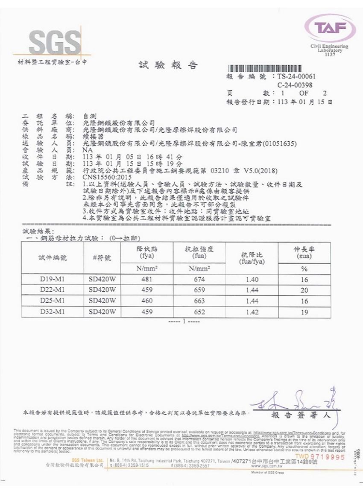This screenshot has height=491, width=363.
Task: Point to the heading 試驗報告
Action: [168, 65]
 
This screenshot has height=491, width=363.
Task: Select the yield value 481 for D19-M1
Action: [146, 280]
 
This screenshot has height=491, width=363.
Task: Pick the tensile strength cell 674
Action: [199, 280]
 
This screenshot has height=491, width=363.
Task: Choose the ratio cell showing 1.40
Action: [252, 280]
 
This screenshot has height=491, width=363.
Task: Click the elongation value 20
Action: [304, 290]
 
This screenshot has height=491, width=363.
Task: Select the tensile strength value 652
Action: [199, 312]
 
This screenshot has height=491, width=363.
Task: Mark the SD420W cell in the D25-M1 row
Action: [102, 301]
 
